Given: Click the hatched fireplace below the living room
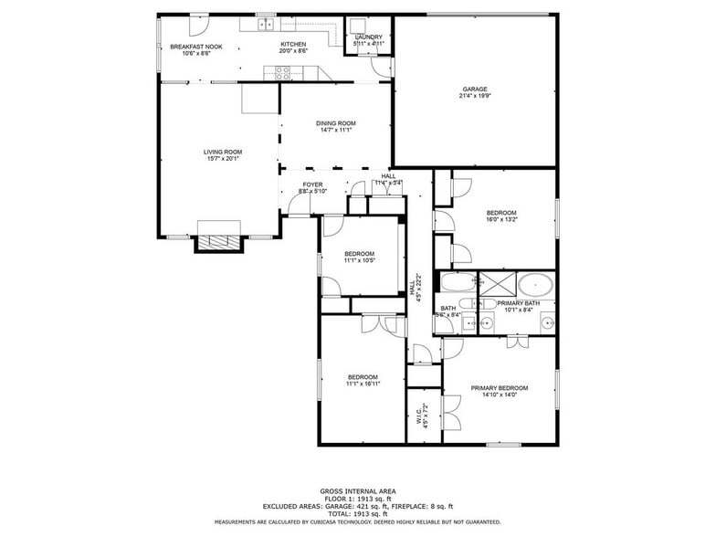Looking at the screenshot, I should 220,241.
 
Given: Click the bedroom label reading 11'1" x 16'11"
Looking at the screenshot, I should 363,381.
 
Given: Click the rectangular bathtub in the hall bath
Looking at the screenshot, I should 458,281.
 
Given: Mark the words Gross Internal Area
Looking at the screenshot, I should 358,491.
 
